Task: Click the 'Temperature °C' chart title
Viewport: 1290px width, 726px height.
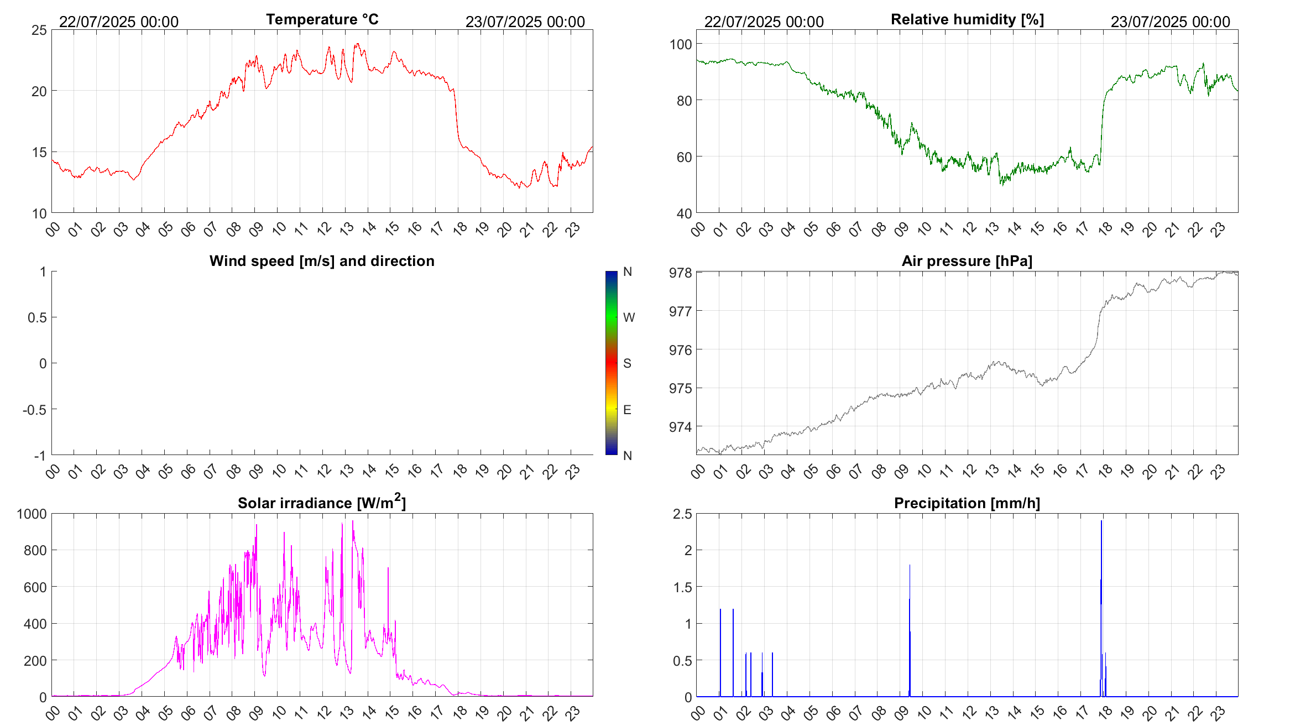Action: point(322,19)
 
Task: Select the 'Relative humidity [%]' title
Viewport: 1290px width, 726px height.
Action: point(967,19)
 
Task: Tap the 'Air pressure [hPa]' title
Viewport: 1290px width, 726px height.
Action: point(967,261)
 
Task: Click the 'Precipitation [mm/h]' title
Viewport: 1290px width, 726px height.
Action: point(967,503)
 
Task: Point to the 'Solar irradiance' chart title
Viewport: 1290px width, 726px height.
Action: point(322,503)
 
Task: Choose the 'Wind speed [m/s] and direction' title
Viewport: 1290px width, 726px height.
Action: point(322,261)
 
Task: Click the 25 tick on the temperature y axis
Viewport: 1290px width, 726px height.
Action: point(39,30)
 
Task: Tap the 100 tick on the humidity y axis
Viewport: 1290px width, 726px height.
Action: point(680,44)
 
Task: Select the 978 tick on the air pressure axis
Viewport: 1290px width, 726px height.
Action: point(680,273)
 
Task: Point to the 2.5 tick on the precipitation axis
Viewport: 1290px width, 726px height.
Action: point(682,514)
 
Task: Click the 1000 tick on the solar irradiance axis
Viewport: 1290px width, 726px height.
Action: point(32,514)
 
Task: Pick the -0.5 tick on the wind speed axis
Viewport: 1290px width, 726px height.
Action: point(34,410)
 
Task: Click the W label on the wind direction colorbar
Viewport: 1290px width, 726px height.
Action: point(629,317)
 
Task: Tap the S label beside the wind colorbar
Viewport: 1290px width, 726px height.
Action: point(627,363)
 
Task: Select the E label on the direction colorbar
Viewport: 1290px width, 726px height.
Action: point(627,410)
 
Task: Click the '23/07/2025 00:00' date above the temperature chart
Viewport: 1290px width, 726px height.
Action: point(525,22)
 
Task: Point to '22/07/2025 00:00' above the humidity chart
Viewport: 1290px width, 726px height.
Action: point(764,22)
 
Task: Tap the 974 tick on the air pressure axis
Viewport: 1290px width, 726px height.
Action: point(680,427)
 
